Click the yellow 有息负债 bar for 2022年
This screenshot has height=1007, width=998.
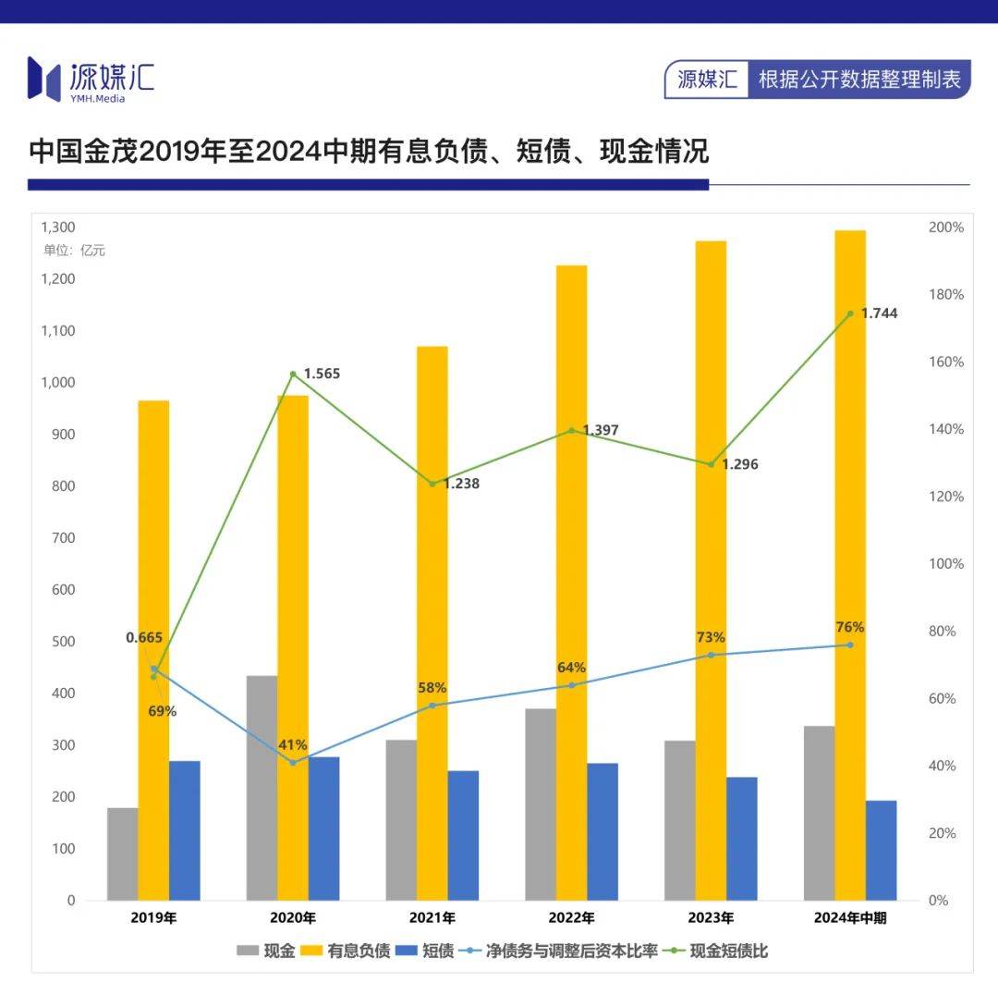(571, 583)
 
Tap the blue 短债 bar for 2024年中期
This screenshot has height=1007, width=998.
(881, 851)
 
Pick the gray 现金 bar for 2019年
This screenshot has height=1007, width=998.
(122, 854)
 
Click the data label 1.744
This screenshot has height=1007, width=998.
(879, 313)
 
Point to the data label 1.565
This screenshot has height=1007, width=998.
(322, 374)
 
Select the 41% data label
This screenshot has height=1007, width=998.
(293, 745)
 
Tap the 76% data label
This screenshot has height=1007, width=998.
(850, 628)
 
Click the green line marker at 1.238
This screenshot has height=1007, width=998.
(432, 484)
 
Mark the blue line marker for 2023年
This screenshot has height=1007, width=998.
(711, 655)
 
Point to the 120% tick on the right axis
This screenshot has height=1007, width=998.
(945, 497)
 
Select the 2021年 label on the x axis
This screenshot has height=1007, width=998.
(432, 918)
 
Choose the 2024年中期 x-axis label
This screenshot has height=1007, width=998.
(850, 918)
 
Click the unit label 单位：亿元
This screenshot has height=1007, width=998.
(75, 251)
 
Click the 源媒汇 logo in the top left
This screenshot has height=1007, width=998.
(91, 79)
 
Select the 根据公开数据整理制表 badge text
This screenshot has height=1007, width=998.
(859, 80)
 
